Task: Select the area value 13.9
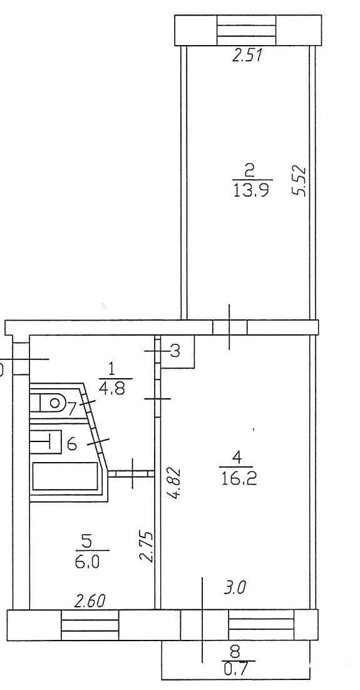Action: [x=251, y=190]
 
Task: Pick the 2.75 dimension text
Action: [x=147, y=547]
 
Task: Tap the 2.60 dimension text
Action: [x=90, y=601]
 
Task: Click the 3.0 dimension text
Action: [x=235, y=587]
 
